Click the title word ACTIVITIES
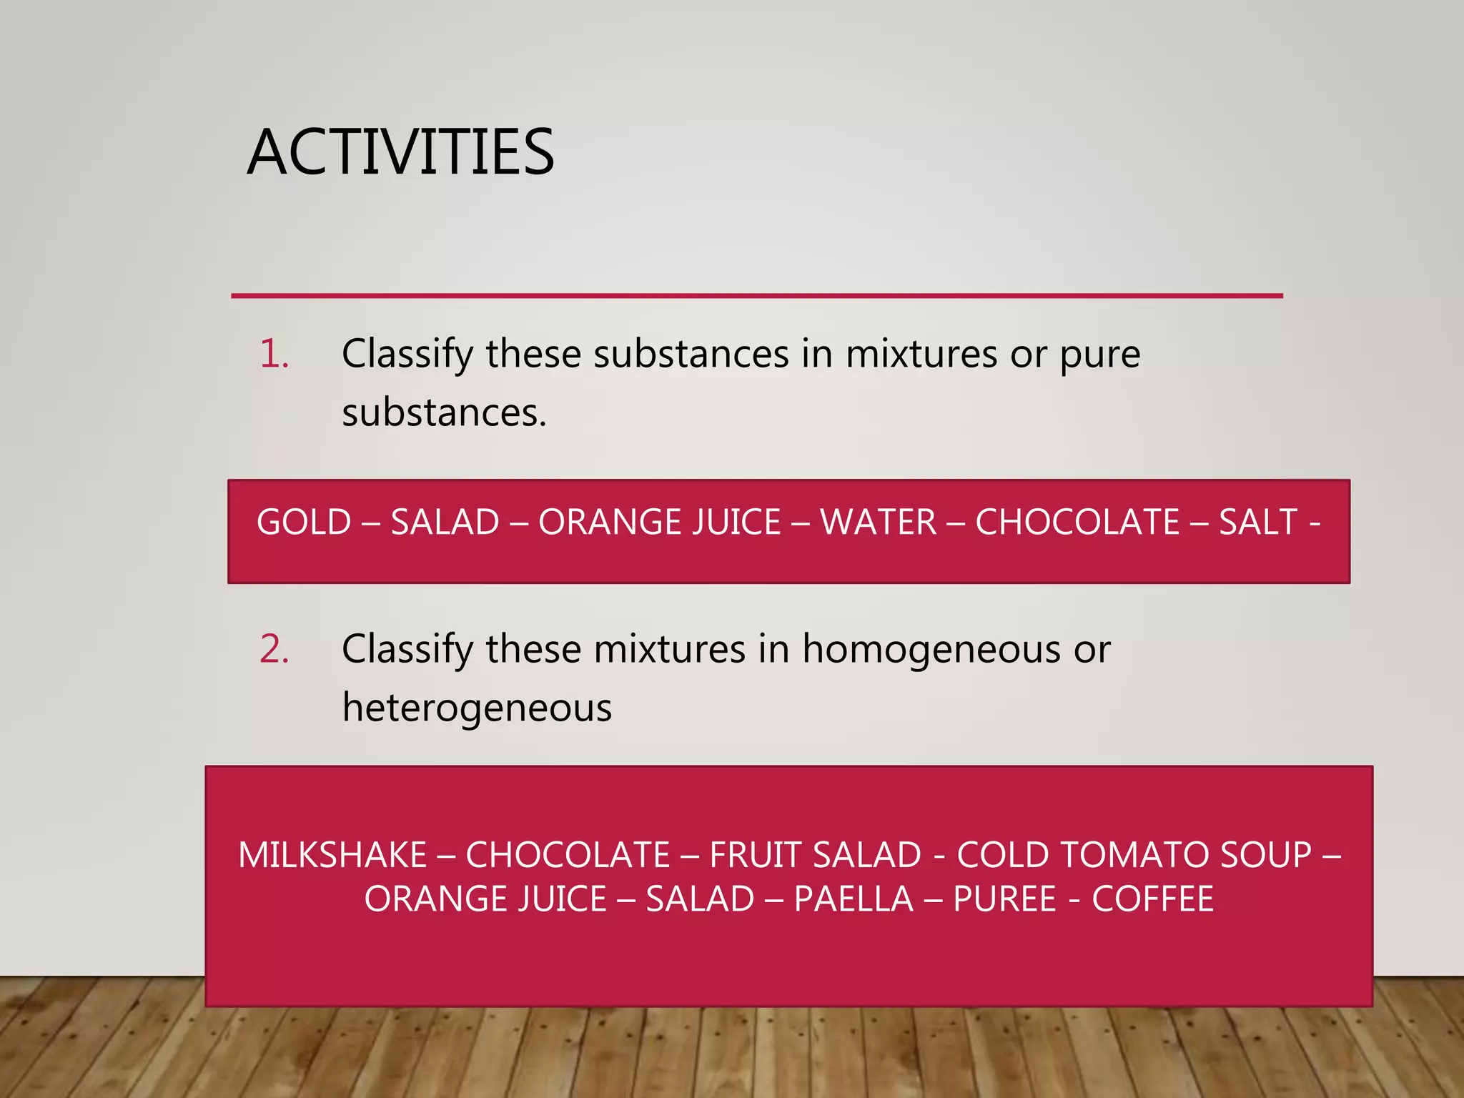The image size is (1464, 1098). pos(400,152)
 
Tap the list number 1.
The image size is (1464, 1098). pos(274,354)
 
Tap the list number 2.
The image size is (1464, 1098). pos(274,649)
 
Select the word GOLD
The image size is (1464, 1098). pos(304,522)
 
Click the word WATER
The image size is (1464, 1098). pos(878,522)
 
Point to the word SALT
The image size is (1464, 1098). pos(1257,522)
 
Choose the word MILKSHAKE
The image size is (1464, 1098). pos(332,855)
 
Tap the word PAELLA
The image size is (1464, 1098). pos(854,899)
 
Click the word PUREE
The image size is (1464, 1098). pos(1004,899)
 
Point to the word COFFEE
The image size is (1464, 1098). pos(1152,899)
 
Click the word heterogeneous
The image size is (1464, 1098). pos(477,708)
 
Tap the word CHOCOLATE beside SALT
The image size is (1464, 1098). pos(1077,522)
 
